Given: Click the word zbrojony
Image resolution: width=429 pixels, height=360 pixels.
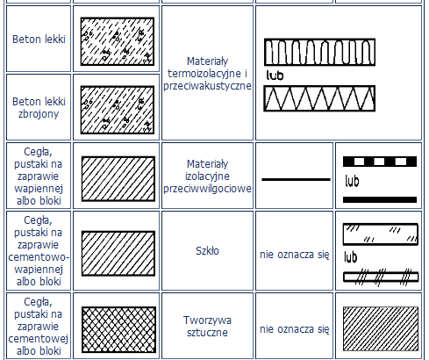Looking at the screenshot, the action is click(39, 114).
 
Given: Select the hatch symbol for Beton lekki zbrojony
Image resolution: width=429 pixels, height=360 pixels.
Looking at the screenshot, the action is click(118, 110).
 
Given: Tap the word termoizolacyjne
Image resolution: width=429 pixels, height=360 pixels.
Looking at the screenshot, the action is click(207, 74).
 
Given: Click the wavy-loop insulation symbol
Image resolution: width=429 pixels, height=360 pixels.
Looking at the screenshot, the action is click(319, 52).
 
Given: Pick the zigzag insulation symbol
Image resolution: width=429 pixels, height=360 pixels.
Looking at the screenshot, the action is click(319, 98).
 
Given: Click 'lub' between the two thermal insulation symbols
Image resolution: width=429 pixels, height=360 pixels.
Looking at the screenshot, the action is click(275, 76).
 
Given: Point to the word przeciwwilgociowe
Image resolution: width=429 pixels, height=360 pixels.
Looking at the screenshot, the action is click(207, 189).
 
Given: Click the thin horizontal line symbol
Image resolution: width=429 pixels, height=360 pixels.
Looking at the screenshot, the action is click(296, 179).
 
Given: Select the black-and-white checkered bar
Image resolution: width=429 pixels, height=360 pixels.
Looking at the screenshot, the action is click(380, 162).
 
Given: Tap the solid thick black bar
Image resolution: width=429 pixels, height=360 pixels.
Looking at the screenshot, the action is click(380, 199).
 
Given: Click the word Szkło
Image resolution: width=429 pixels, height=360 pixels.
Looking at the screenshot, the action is click(207, 251).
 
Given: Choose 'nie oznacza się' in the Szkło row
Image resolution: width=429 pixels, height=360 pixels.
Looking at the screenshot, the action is click(295, 255).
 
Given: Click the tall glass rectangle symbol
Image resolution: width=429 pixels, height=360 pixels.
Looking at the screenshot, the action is click(381, 234).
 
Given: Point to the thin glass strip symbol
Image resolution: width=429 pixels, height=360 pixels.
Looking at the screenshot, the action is click(381, 277).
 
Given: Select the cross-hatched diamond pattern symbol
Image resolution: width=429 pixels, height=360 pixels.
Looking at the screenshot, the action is click(118, 329).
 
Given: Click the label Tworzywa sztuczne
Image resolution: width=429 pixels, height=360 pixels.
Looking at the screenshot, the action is click(207, 327).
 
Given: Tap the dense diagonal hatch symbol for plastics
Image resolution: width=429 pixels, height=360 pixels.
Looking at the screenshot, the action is click(381, 328).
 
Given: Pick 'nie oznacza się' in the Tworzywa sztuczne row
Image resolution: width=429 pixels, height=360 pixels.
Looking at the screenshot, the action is click(295, 329).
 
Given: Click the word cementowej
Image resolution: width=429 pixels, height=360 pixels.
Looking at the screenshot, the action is click(39, 339).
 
